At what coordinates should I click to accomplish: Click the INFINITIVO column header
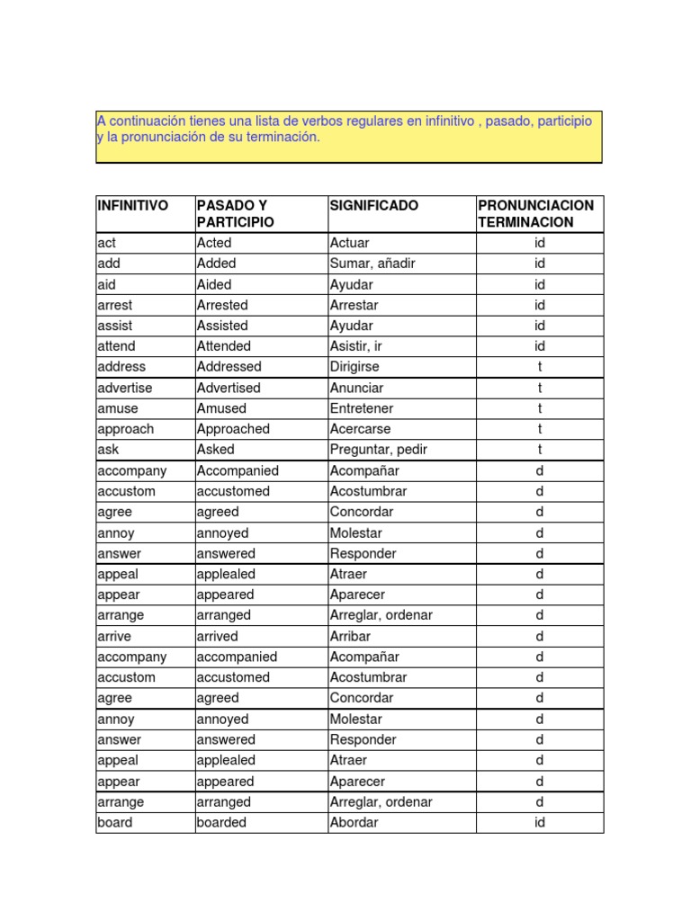[132, 206]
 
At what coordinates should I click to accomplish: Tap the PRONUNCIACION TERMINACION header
[536, 214]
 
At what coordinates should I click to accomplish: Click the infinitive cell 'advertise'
[125, 388]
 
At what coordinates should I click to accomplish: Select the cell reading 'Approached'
[233, 429]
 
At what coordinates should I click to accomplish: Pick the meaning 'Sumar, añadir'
[372, 264]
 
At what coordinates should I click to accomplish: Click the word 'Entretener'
[362, 408]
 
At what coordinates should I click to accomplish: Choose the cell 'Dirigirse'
[354, 367]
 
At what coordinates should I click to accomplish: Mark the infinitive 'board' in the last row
[114, 822]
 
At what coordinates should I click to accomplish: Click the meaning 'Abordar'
[354, 822]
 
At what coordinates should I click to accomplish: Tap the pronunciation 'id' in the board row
[540, 822]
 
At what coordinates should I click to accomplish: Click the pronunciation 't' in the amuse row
[540, 408]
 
